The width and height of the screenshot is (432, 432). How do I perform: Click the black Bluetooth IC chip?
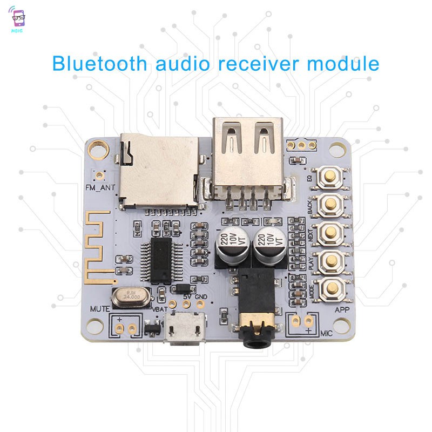click(x=161, y=261)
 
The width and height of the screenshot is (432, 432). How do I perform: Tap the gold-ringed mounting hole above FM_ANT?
click(x=98, y=147)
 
